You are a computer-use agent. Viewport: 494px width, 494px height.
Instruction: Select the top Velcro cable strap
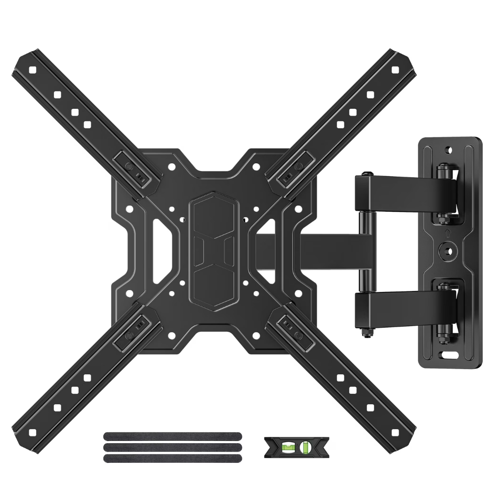pyautogui.click(x=172, y=436)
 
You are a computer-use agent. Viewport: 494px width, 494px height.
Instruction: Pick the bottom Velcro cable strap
pyautogui.click(x=172, y=458)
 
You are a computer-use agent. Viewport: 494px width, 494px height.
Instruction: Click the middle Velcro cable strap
pyautogui.click(x=172, y=447)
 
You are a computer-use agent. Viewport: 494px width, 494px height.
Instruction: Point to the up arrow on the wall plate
pyautogui.click(x=448, y=232)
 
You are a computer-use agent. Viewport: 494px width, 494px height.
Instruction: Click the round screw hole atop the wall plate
pyautogui.click(x=449, y=150)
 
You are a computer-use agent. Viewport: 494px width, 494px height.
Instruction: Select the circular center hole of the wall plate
pyautogui.click(x=448, y=251)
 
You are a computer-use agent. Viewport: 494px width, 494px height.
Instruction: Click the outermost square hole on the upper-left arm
pyautogui.click(x=32, y=70)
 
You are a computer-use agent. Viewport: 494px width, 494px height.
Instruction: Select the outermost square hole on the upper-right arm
pyautogui.click(x=395, y=70)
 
